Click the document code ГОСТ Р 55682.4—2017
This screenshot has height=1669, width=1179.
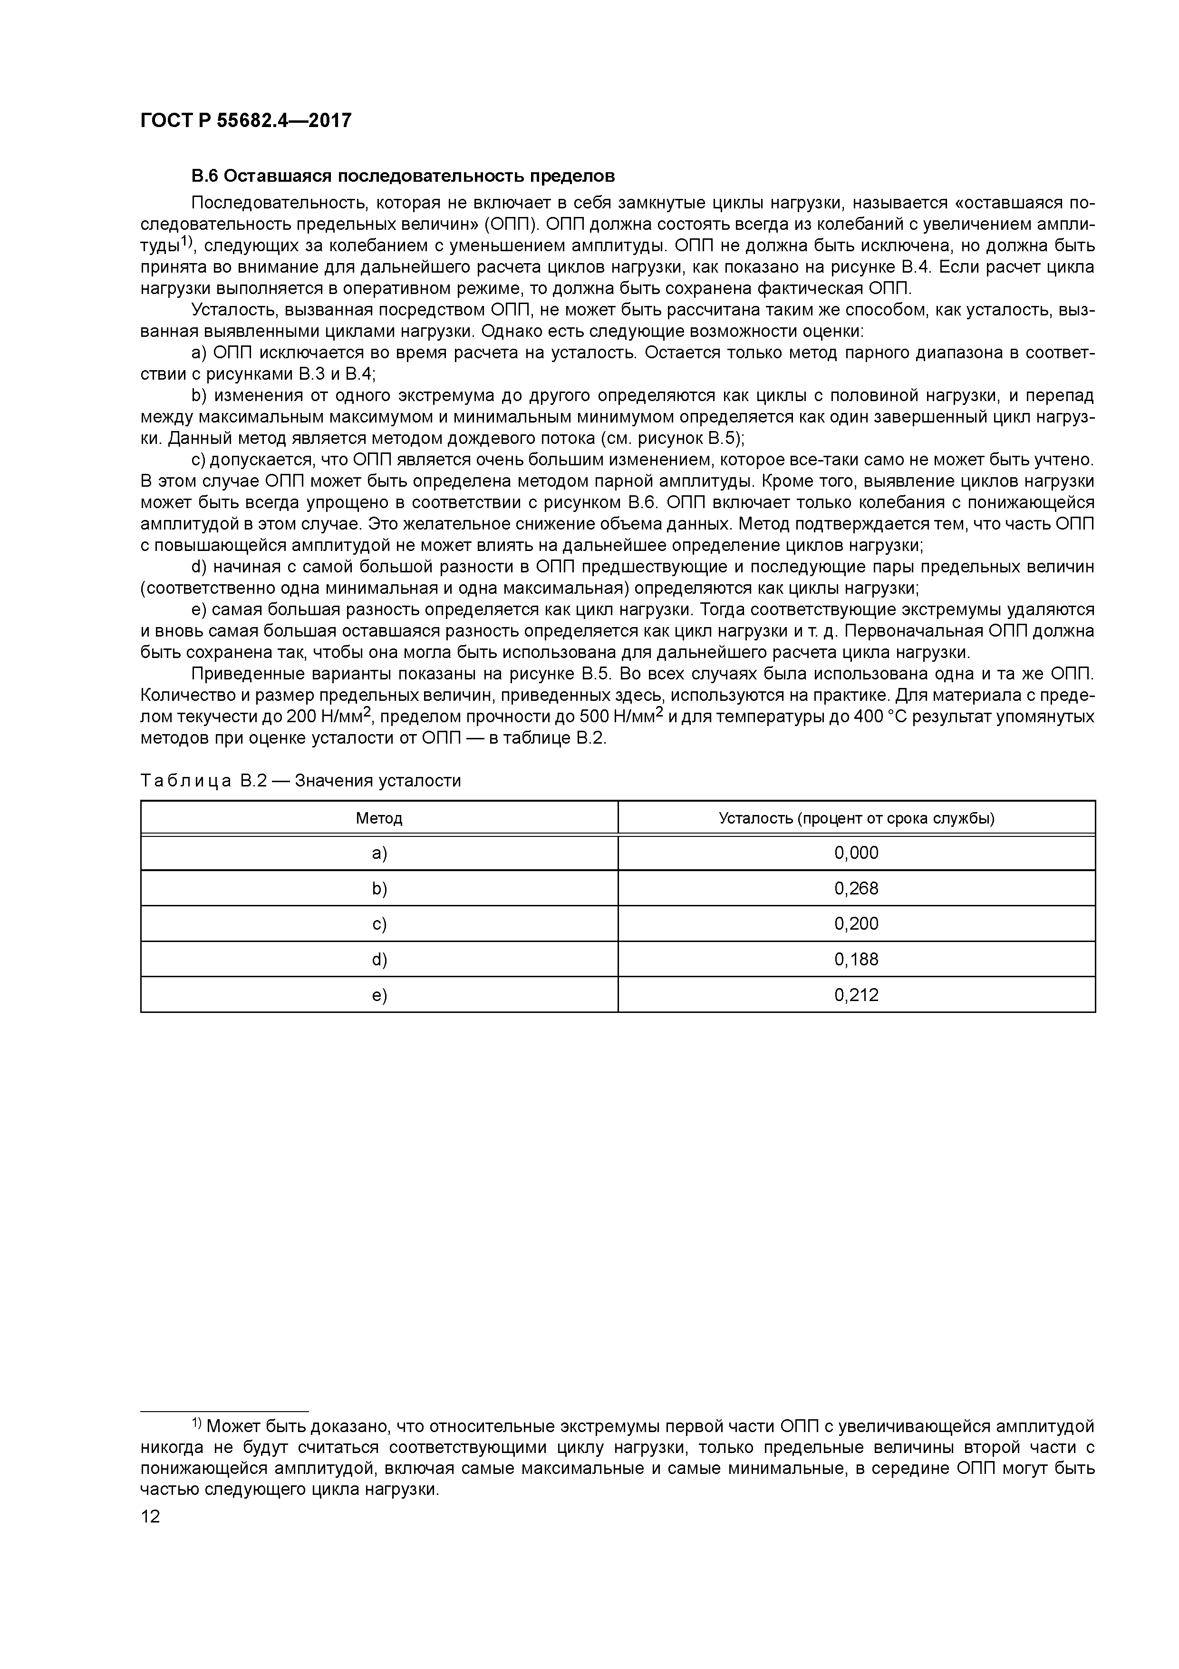(245, 121)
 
